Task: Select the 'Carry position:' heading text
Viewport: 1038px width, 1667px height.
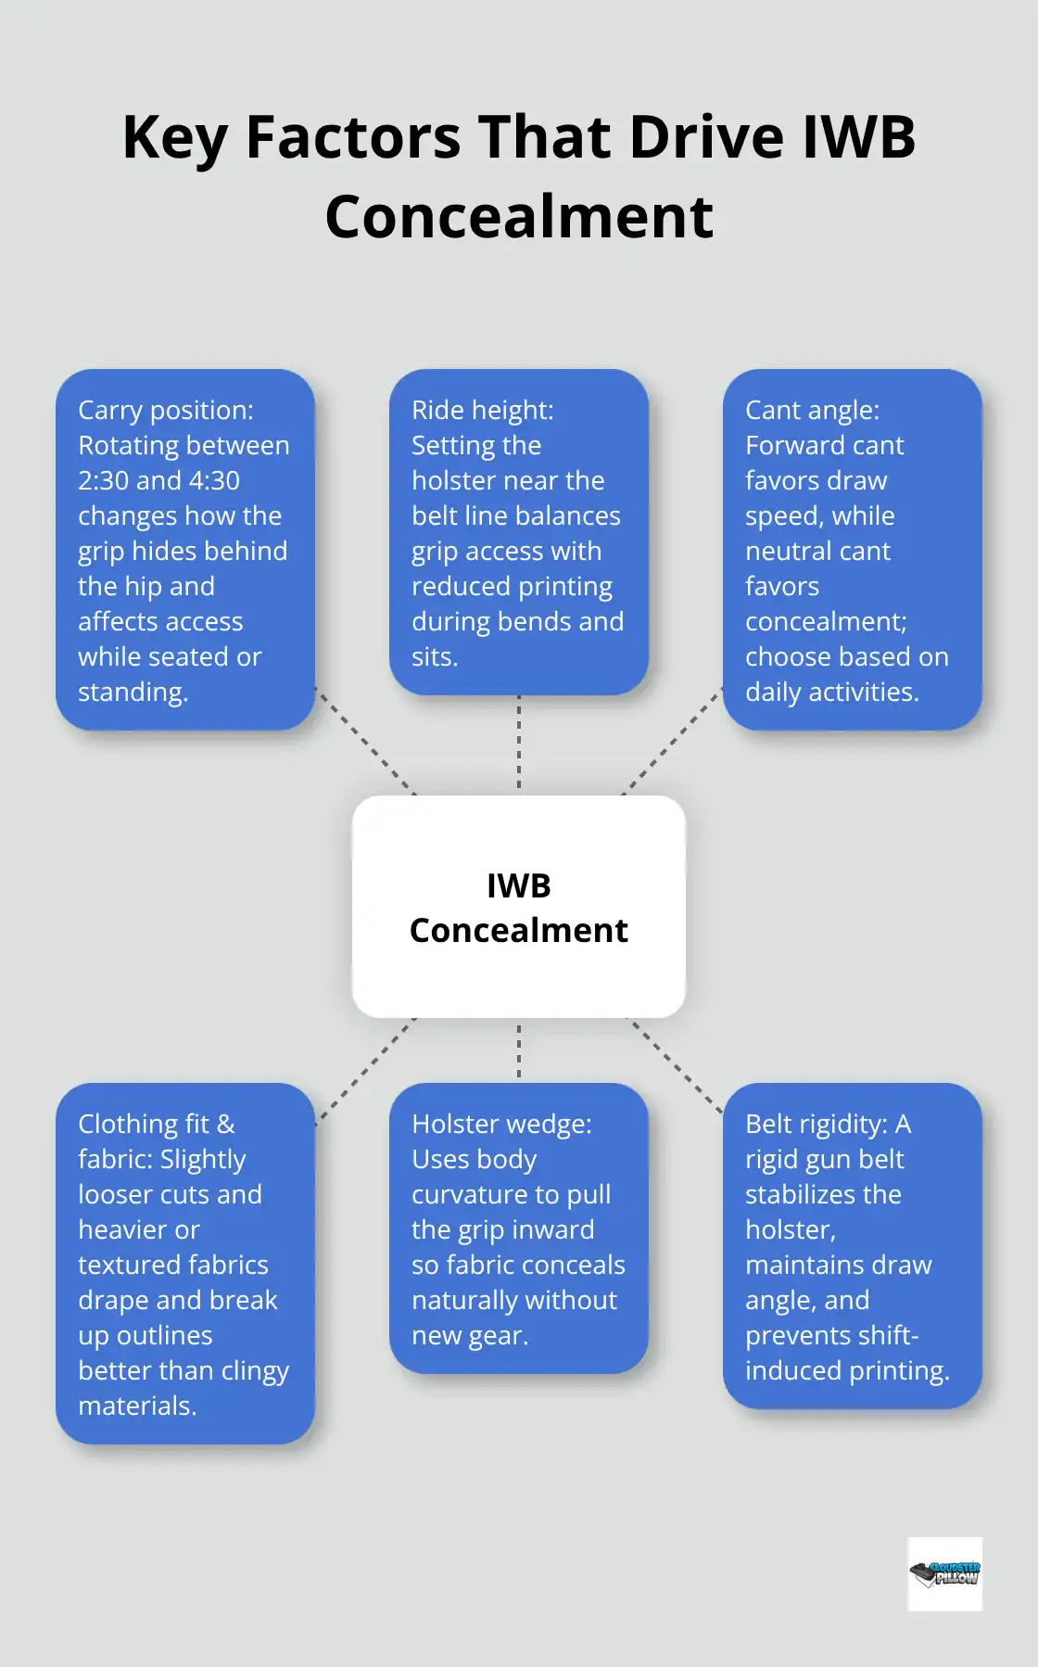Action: [x=166, y=410]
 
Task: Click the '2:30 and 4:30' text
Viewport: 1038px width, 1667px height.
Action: [x=158, y=480]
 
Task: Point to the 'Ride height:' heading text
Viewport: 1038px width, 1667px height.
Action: [x=482, y=410]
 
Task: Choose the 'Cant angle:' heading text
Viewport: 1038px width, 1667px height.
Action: [x=813, y=410]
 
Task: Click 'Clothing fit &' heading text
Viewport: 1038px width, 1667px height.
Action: [x=157, y=1124]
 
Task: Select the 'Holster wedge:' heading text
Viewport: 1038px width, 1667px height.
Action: [x=501, y=1124]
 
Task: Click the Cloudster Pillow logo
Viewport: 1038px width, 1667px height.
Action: [x=944, y=1573]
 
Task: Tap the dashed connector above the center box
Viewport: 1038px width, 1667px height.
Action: [x=519, y=744]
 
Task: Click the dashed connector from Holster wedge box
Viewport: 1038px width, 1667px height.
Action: [x=519, y=1050]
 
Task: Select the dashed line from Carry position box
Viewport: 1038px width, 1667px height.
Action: [x=366, y=742]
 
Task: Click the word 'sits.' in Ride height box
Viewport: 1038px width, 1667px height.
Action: [x=435, y=656]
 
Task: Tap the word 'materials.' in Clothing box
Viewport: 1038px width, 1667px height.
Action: [x=137, y=1406]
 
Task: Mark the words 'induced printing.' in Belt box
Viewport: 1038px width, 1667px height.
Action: [x=847, y=1370]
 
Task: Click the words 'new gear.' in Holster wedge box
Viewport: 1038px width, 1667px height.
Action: [x=470, y=1335]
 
